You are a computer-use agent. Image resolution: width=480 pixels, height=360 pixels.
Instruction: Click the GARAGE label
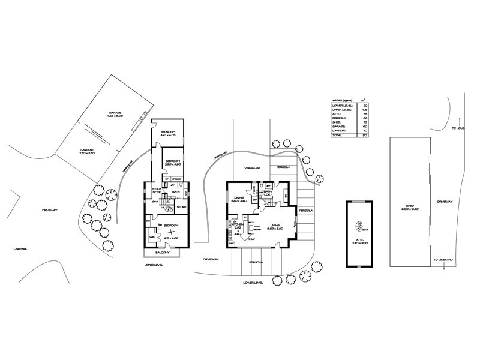tap(116, 113)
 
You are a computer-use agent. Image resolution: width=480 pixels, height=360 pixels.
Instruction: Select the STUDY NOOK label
tap(157, 191)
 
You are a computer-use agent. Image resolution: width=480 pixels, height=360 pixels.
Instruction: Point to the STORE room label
tap(182, 208)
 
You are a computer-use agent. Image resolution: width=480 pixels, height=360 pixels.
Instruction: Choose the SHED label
tap(410, 206)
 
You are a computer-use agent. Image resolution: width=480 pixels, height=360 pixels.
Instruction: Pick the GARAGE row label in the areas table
tap(339, 127)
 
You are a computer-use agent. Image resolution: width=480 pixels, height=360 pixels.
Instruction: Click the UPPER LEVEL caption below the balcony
tap(154, 264)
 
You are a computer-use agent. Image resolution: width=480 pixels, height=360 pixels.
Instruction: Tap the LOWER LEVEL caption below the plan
tap(253, 281)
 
